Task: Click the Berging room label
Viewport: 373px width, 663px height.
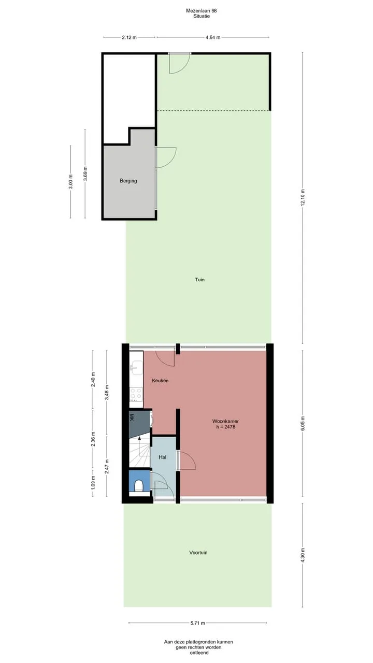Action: coord(128,181)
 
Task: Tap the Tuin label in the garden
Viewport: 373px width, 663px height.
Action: coord(199,279)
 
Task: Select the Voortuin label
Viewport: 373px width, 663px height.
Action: coord(198,552)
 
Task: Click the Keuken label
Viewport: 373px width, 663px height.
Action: coord(160,380)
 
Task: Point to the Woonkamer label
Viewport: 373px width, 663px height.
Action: coord(225,421)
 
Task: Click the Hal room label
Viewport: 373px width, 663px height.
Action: coord(162,457)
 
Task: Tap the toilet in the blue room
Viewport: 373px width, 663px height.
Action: coord(138,486)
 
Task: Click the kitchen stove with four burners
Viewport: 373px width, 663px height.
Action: coord(136,394)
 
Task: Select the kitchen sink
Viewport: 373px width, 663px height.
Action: coord(135,368)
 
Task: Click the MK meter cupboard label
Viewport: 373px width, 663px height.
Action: coord(132,417)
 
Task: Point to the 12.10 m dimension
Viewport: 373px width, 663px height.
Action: coord(302,198)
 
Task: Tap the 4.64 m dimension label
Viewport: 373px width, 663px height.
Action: coord(213,37)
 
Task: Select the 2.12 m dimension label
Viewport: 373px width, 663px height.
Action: coord(130,37)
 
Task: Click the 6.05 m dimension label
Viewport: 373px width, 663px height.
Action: coord(302,424)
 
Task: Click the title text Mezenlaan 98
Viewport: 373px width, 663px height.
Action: coord(202,11)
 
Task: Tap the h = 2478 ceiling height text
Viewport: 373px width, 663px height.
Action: coord(225,427)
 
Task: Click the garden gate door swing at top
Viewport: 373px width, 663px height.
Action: coord(179,63)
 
